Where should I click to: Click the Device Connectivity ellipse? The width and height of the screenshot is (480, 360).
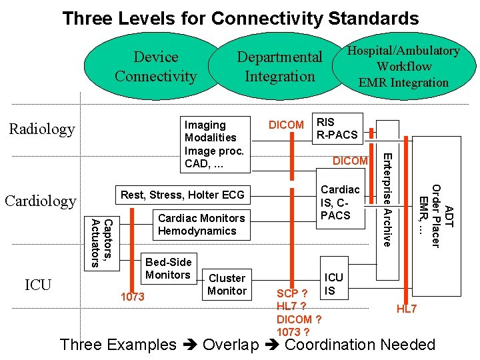pyautogui.click(x=155, y=67)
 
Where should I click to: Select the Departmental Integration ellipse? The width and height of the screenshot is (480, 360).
pyautogui.click(x=280, y=67)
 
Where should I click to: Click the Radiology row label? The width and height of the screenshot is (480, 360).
pyautogui.click(x=41, y=129)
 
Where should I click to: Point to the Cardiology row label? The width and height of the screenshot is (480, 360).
pyautogui.click(x=41, y=200)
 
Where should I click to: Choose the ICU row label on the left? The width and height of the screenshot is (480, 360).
pyautogui.click(x=38, y=285)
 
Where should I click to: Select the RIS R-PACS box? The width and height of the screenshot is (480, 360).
pyautogui.click(x=337, y=128)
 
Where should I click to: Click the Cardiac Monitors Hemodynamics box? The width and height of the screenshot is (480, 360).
pyautogui.click(x=201, y=225)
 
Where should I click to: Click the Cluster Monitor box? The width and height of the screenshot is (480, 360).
pyautogui.click(x=227, y=285)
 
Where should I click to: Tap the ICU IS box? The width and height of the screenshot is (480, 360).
pyautogui.click(x=333, y=284)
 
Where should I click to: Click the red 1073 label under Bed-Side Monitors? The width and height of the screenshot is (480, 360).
pyautogui.click(x=132, y=297)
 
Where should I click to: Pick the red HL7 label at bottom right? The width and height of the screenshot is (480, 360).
pyautogui.click(x=407, y=309)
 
